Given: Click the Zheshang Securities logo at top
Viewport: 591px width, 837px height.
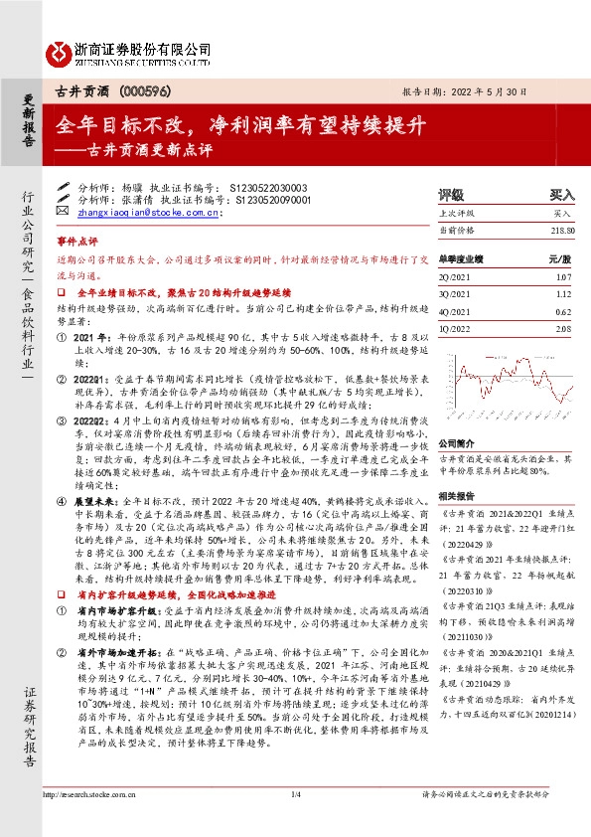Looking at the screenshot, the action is tap(130, 50).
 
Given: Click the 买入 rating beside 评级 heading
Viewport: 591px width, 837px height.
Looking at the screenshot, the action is tap(561, 196).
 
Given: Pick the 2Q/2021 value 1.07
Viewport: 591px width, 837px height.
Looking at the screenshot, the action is tap(565, 276).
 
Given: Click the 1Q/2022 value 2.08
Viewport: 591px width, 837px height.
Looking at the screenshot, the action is tap(565, 329).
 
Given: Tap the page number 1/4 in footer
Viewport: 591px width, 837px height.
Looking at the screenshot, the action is tap(295, 794).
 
